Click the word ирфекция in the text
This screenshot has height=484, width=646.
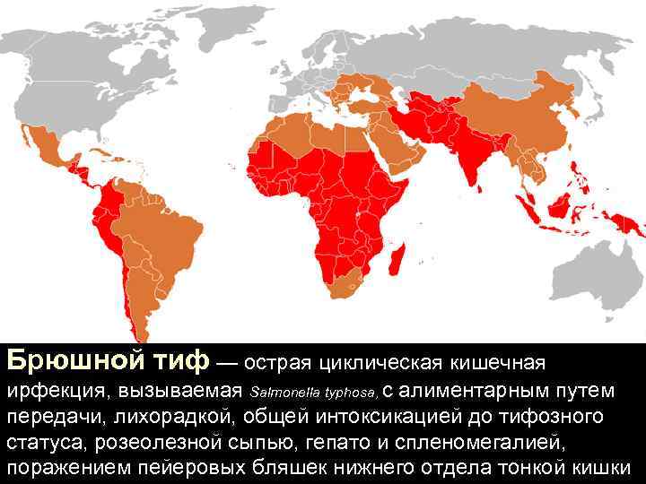pos(53,392)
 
